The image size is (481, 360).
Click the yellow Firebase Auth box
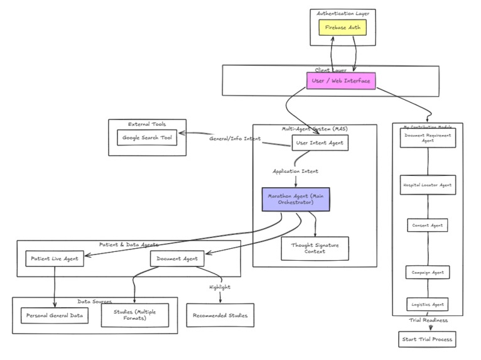(342, 28)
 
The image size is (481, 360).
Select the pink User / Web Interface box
(340, 80)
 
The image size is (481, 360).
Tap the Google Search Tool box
(147, 138)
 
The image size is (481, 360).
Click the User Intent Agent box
(320, 143)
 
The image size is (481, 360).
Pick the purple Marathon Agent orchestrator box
(296, 199)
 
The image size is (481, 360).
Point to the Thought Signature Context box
(315, 248)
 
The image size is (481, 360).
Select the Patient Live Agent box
(55, 258)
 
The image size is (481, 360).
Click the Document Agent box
(176, 258)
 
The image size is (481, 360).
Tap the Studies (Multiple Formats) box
(135, 315)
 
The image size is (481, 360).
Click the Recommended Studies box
(220, 315)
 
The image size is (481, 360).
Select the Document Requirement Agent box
(428, 138)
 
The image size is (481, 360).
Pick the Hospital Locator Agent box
(428, 185)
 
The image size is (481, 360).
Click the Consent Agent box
(428, 225)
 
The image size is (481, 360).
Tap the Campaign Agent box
(428, 273)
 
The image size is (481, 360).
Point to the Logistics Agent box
(428, 305)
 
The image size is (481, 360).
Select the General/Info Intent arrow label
(235, 138)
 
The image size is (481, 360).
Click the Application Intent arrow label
(295, 171)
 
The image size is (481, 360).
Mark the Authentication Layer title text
(342, 13)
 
